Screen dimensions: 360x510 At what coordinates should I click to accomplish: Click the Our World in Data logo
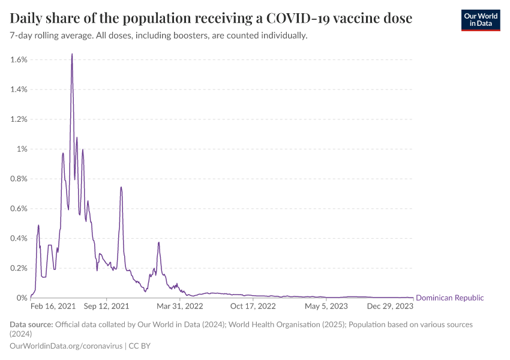tap(480, 19)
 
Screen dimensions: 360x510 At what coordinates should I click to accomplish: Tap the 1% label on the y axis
tap(22, 149)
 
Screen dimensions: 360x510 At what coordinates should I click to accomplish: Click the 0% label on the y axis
tap(22, 298)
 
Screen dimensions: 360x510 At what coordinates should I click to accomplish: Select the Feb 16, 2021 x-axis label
tap(53, 306)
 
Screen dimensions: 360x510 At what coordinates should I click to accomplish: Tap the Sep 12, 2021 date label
tap(106, 306)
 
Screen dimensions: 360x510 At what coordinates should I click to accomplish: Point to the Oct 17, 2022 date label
tap(253, 306)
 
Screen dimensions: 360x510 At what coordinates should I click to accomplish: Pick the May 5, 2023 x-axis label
tap(326, 306)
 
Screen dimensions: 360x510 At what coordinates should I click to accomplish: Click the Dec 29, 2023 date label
tap(390, 306)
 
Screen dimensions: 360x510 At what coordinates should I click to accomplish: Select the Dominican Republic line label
tap(449, 298)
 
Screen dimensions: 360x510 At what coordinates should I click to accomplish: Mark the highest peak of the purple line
tap(72, 54)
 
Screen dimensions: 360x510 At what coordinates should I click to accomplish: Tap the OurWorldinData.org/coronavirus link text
tap(67, 346)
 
